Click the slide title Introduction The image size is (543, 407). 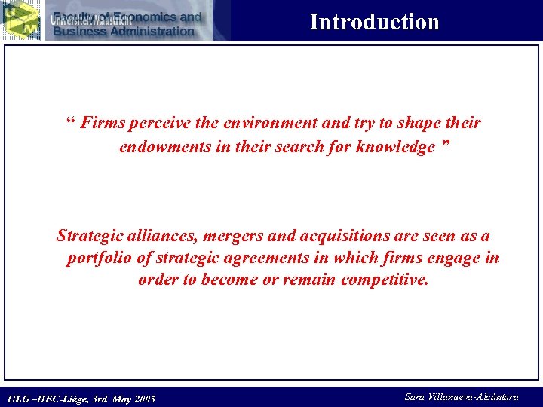point(374,22)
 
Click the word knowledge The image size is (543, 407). point(394,147)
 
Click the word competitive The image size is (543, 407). point(385,280)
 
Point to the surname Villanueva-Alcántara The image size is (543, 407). point(483,397)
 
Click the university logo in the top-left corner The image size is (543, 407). point(20,20)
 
